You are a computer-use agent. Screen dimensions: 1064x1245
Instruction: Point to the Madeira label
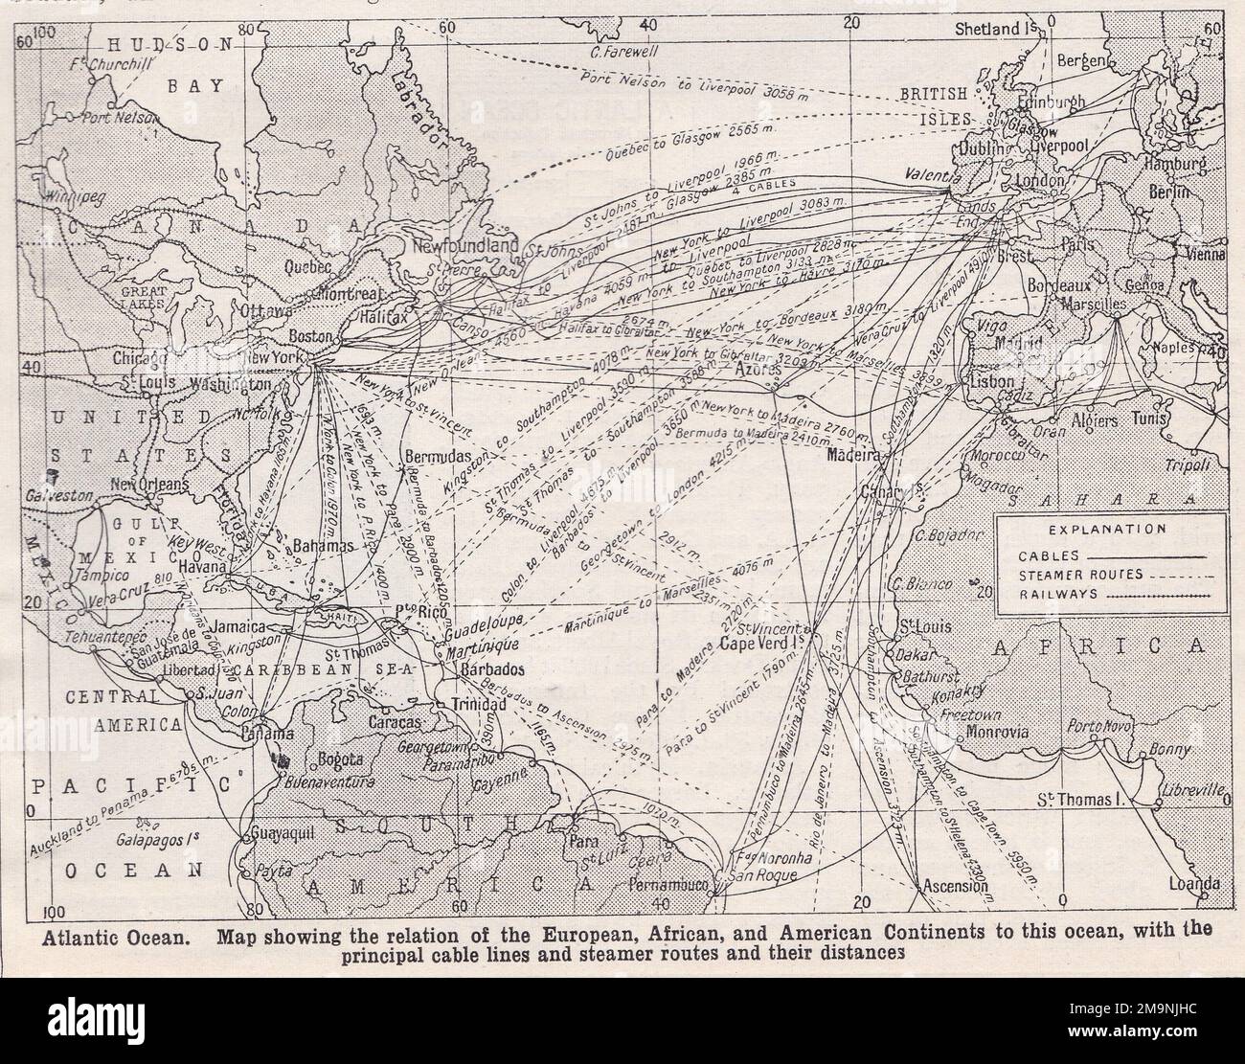pos(851,457)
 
